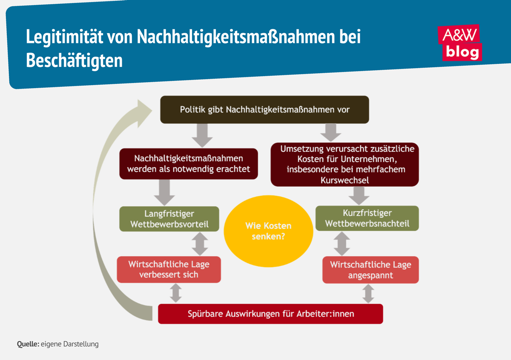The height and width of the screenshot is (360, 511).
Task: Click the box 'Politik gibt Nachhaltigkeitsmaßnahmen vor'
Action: tap(264, 110)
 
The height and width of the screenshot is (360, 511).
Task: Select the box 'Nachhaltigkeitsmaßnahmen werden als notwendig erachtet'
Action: tap(189, 163)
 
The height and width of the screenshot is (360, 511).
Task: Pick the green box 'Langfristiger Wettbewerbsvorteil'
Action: tap(169, 219)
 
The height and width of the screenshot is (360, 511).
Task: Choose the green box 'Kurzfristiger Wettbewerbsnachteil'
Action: tap(367, 219)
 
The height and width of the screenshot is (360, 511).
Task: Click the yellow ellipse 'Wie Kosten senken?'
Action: tap(268, 231)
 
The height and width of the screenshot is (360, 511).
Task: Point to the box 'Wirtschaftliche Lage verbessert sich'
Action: tap(169, 269)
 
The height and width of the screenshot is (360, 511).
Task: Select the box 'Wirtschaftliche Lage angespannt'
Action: tap(370, 269)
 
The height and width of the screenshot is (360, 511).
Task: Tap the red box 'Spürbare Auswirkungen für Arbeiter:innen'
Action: tap(271, 314)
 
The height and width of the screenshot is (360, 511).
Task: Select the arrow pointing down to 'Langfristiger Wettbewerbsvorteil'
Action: tap(164, 192)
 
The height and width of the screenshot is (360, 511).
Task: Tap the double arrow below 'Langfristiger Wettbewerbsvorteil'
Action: tap(200, 244)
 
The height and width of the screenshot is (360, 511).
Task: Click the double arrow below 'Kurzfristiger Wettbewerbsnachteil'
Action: tap(342, 244)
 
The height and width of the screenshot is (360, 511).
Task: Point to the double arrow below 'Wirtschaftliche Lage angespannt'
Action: tap(368, 293)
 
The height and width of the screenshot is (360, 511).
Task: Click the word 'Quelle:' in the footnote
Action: tap(28, 344)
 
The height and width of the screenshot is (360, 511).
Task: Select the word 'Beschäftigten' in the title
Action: tap(74, 60)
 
